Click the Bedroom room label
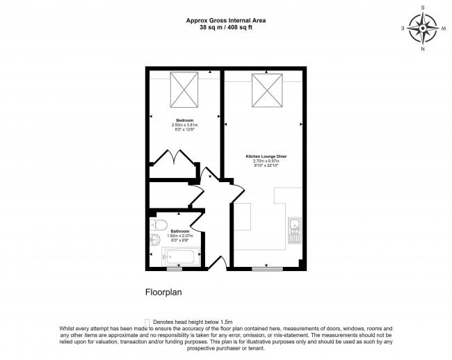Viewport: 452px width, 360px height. [184, 120]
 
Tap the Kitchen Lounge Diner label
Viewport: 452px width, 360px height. [266, 156]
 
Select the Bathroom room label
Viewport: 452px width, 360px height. [171, 231]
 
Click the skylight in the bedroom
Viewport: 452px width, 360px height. [184, 90]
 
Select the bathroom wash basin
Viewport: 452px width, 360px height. [154, 241]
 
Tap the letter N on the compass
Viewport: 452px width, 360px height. [422, 50]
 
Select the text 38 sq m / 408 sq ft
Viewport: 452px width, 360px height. [225, 28]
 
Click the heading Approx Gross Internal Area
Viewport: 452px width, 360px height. [225, 20]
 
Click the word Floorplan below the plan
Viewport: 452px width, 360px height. [163, 293]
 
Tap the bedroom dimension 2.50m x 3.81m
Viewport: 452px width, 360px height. [184, 124]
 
